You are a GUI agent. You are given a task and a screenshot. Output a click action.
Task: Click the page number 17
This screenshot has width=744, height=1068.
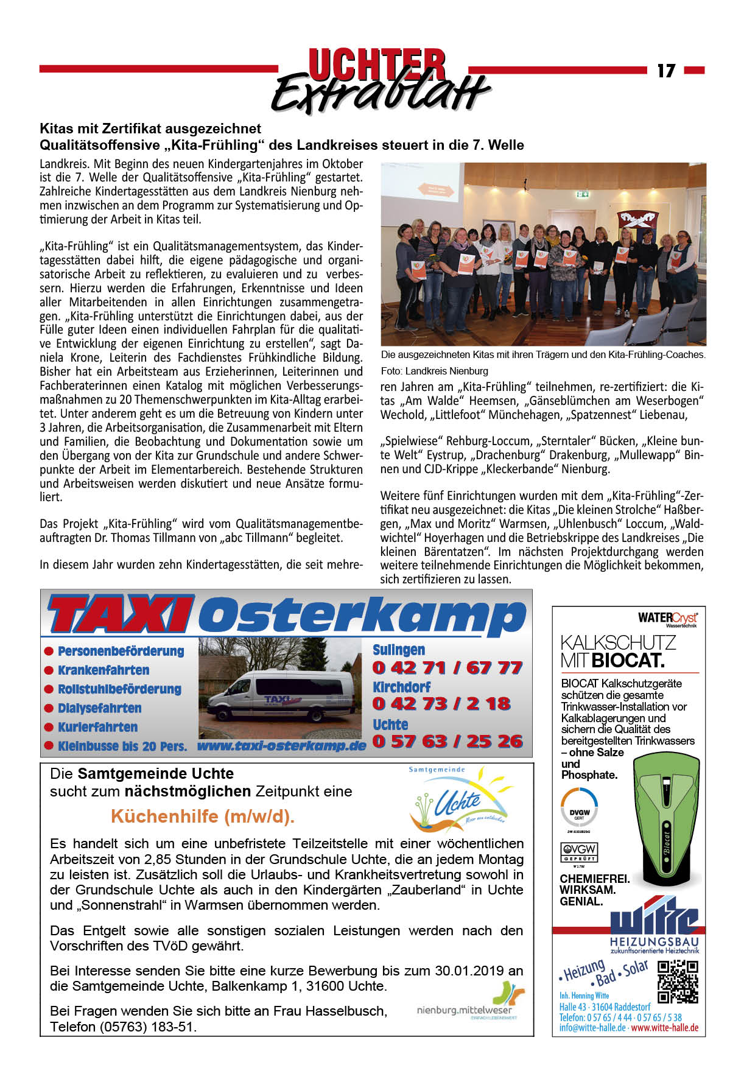coord(666,71)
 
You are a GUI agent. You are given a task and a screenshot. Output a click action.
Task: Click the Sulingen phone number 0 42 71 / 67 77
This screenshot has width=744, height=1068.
coord(447,668)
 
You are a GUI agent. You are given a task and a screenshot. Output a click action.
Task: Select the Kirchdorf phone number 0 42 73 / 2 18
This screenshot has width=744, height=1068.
coord(441,704)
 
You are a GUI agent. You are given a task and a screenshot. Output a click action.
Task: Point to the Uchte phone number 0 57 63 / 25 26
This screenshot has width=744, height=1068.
coord(447,742)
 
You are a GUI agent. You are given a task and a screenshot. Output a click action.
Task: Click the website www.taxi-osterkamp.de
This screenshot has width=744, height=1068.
coord(281,745)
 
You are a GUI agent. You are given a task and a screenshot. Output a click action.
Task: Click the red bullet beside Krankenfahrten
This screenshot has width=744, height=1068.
coord(49,670)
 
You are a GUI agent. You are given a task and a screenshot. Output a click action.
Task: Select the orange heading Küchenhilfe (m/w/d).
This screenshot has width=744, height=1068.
coord(203,817)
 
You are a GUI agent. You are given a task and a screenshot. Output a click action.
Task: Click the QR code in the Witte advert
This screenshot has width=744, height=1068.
coord(678,981)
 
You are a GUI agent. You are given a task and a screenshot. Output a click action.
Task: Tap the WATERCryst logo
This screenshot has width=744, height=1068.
coord(668,618)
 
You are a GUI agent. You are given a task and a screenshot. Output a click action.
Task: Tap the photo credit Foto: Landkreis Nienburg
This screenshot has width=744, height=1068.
coord(435,371)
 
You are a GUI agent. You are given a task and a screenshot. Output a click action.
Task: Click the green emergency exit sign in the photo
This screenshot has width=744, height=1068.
coord(583,194)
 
